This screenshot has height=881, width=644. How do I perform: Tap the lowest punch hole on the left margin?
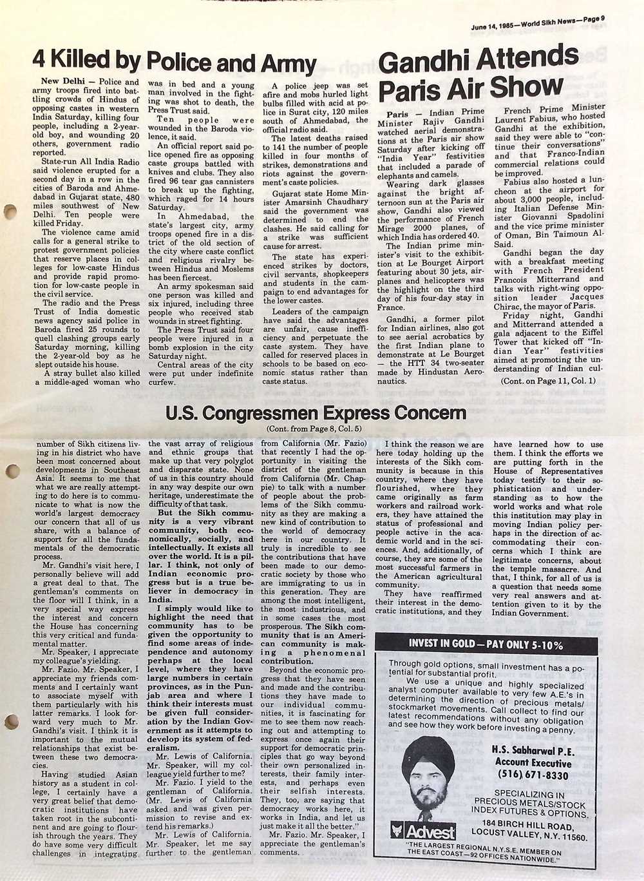click(x=8, y=722)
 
